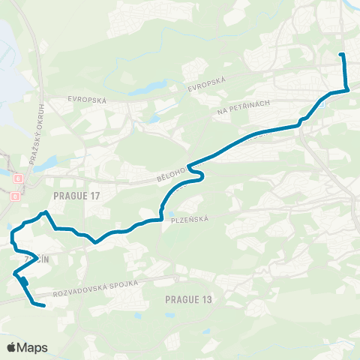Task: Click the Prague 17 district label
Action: point(77,196)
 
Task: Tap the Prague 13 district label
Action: point(188,300)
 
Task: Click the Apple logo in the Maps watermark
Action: point(12,347)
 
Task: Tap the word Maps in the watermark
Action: point(32,347)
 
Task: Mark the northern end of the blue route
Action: point(342,55)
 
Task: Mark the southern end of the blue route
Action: point(43,305)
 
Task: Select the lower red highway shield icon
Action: point(15,196)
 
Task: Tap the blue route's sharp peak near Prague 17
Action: point(46,212)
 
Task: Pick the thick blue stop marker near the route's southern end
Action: point(24,282)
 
